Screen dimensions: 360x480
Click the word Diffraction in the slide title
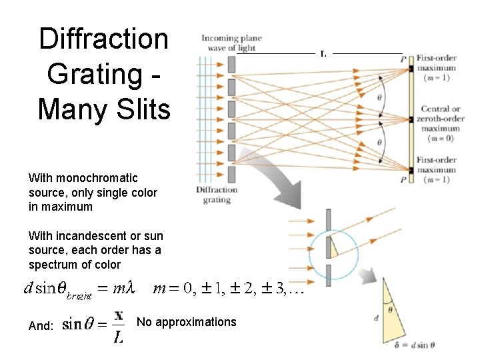click(x=103, y=39)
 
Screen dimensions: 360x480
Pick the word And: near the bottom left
click(x=41, y=326)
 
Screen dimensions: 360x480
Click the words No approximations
click(x=186, y=323)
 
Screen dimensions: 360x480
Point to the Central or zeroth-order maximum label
click(x=441, y=119)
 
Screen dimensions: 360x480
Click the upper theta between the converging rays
click(x=381, y=97)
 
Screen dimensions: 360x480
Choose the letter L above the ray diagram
click(x=323, y=54)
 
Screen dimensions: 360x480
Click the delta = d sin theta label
click(x=414, y=345)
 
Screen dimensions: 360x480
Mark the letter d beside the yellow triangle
click(x=377, y=319)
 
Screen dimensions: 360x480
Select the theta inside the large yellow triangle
click(x=390, y=309)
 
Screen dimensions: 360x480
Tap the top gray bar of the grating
click(x=231, y=64)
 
